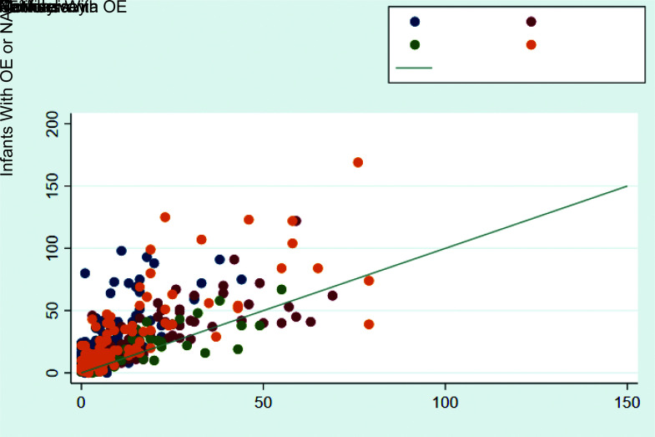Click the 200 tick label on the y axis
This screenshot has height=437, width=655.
click(53, 123)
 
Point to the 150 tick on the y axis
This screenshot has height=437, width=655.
click(53, 185)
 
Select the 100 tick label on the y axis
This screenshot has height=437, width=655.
click(53, 248)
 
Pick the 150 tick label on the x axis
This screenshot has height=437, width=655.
click(627, 402)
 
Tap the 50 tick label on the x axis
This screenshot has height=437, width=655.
click(263, 402)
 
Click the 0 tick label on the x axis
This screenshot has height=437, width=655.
click(81, 402)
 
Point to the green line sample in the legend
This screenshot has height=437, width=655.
click(414, 68)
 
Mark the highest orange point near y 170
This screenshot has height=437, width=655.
click(358, 162)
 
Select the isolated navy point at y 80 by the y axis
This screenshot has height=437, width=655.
click(85, 273)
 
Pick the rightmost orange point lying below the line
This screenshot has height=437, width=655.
click(369, 324)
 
